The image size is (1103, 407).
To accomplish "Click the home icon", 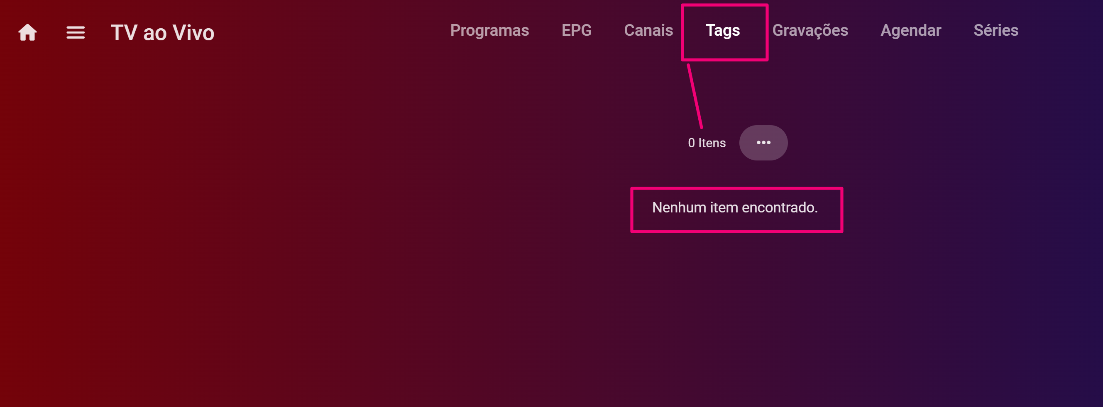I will pyautogui.click(x=27, y=32).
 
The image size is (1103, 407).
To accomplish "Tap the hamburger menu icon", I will pyautogui.click(x=76, y=32).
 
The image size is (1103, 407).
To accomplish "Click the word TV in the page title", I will pyautogui.click(x=124, y=32).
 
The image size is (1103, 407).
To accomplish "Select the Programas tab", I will pyautogui.click(x=489, y=30).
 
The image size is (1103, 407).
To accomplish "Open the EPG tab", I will pyautogui.click(x=576, y=30).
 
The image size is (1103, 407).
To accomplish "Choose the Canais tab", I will pyautogui.click(x=648, y=30).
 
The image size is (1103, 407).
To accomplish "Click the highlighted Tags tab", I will pyautogui.click(x=722, y=30).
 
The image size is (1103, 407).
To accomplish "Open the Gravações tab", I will pyautogui.click(x=810, y=30).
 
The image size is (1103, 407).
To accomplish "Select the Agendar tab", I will pyautogui.click(x=911, y=30).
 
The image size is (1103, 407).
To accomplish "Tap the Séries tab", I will pyautogui.click(x=995, y=30).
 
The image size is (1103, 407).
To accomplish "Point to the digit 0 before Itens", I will pyautogui.click(x=691, y=143).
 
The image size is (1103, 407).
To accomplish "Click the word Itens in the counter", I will pyautogui.click(x=712, y=143).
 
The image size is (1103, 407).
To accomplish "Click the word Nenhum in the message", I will pyautogui.click(x=679, y=207).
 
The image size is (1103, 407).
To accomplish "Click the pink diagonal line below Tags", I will pyautogui.click(x=695, y=96).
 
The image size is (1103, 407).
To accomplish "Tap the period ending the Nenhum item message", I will pyautogui.click(x=816, y=212).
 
